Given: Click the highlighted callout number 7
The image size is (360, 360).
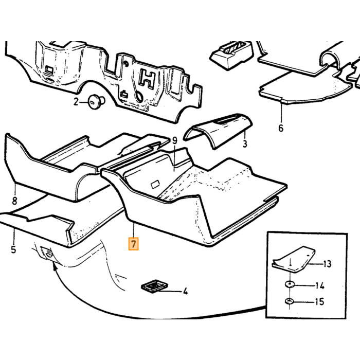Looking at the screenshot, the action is point(133,244).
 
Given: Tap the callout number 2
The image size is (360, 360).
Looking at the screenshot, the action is point(76,101).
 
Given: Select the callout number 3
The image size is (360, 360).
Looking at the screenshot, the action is point(245,143).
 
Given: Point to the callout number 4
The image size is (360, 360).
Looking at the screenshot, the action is point(185,291).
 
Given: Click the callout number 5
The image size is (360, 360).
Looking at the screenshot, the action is point(13,249).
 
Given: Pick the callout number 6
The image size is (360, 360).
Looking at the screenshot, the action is point(281,128).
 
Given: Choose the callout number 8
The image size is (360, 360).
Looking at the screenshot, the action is point(14,201).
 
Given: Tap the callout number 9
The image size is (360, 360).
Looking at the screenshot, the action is point(175,140).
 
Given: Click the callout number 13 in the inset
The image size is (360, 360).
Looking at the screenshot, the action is point(328,264).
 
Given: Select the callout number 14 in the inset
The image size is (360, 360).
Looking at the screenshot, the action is point(319,286).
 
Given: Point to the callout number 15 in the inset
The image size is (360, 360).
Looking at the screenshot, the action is point(319,301).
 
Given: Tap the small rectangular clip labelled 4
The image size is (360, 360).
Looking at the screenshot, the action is point(154,286).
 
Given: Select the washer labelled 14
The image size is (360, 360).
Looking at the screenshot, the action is point(290,284).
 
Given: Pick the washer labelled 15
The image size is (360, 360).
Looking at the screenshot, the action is point(290,300).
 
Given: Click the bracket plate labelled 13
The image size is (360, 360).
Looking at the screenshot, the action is point(293,259).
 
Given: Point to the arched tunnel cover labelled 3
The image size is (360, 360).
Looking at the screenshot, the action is point(218,131).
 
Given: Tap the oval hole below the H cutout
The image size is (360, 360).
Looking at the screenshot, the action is point(139,96).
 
